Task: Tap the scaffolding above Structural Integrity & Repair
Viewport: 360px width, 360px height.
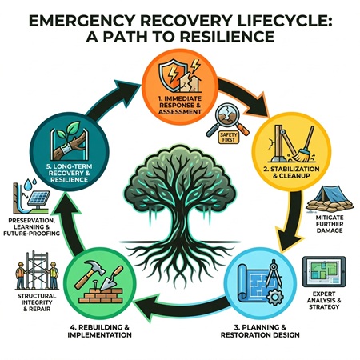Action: pos(31,277)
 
